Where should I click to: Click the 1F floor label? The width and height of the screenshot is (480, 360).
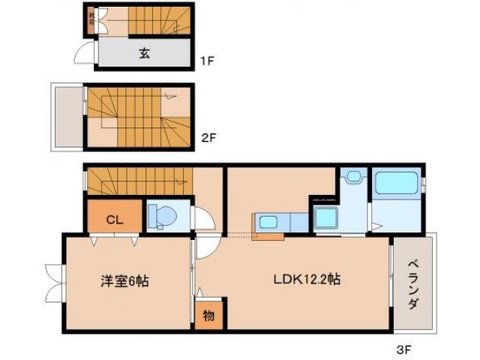click(x=207, y=61)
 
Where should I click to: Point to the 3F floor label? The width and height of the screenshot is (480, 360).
click(x=405, y=349)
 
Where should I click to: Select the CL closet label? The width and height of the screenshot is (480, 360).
click(x=114, y=220)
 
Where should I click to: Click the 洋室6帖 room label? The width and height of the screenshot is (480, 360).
click(x=125, y=281)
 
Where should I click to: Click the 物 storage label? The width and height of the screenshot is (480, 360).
click(x=208, y=316)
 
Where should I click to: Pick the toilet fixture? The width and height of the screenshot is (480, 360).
click(x=162, y=216)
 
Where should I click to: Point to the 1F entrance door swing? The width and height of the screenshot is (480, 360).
click(x=83, y=55)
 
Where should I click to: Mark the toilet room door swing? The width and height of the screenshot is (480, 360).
click(x=203, y=218)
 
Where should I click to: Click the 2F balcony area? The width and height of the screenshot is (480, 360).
click(x=66, y=115)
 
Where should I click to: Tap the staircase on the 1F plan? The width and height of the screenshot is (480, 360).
click(x=154, y=20)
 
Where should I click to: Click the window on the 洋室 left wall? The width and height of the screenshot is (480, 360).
click(x=54, y=281)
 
